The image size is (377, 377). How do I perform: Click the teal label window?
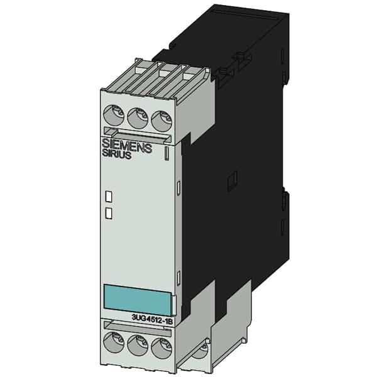(136, 299)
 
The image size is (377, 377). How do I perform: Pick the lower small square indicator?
(108, 213)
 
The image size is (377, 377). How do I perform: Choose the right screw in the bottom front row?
(162, 347)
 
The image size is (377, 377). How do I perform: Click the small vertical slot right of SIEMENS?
(167, 152)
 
